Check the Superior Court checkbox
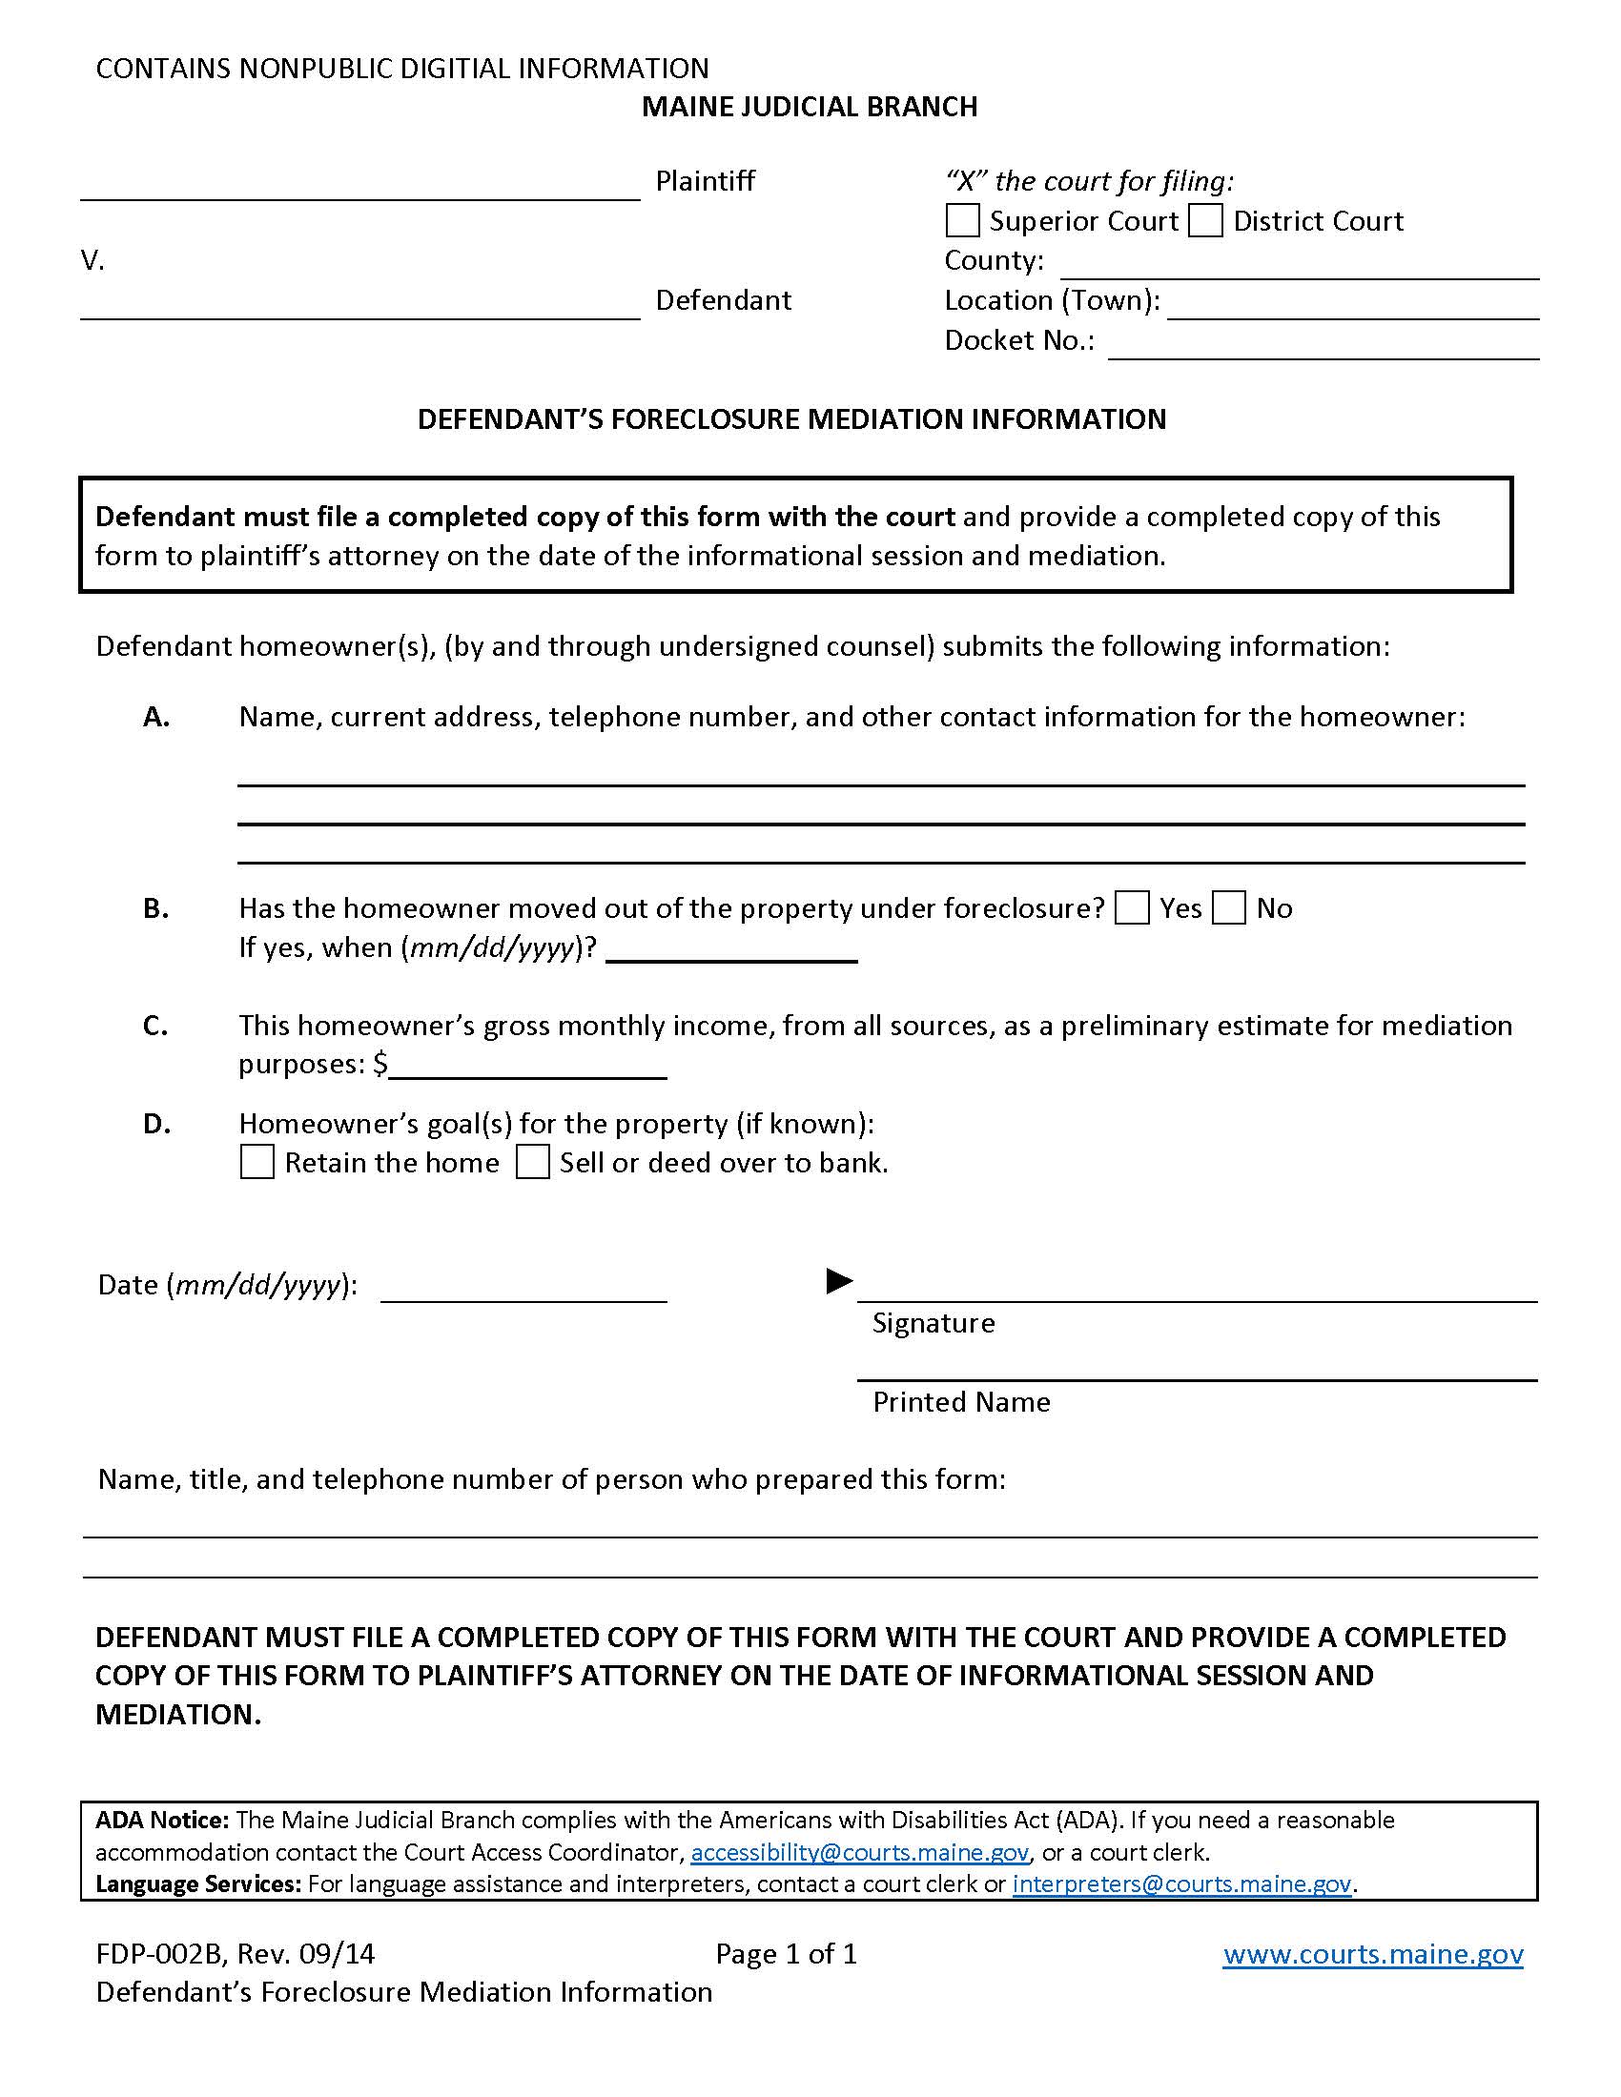962,221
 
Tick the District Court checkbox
1205,221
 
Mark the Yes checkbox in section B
1132,908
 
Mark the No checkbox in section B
1229,908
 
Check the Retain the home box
257,1162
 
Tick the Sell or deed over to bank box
533,1162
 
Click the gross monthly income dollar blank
527,1069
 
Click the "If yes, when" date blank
731,952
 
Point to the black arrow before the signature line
839,1281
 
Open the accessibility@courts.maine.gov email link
859,1853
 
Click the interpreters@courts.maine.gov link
1182,1884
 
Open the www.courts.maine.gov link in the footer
1372,1955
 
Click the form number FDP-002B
159,1955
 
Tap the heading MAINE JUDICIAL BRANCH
810,107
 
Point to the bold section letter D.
156,1124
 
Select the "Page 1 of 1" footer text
786,1955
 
